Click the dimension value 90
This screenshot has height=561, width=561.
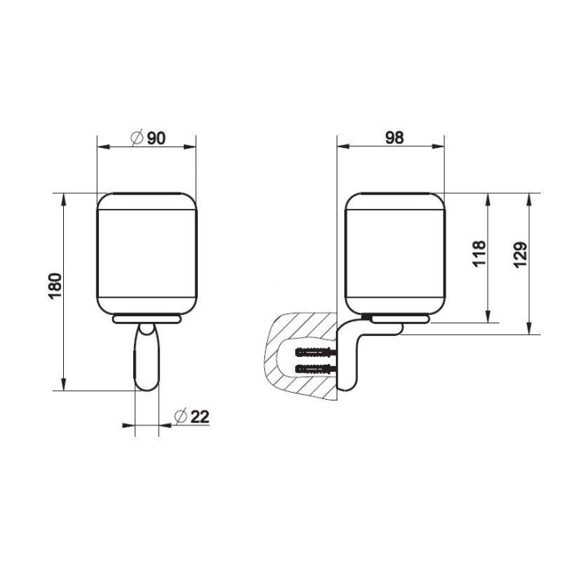click(157, 138)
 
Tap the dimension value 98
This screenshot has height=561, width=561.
click(394, 138)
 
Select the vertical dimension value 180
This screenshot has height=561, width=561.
click(55, 285)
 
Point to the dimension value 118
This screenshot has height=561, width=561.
click(479, 253)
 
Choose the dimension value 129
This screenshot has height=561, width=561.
click(520, 254)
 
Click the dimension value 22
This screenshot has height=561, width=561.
click(199, 416)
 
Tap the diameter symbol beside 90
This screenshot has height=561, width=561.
click(137, 137)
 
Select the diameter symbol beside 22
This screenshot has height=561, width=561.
click(181, 416)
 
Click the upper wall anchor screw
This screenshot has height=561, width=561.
click(316, 352)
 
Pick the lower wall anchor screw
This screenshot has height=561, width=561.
click(316, 369)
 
